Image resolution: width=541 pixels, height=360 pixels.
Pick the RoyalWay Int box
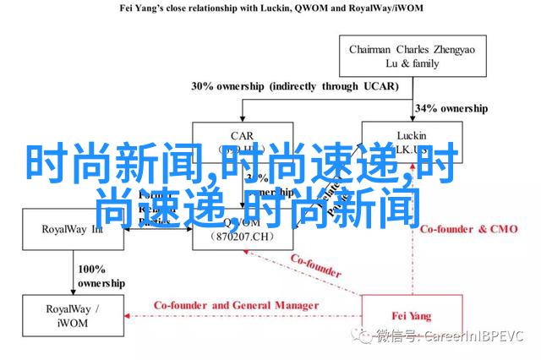pyautogui.click(x=71, y=228)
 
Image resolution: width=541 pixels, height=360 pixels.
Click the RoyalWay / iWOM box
pyautogui.click(x=71, y=315)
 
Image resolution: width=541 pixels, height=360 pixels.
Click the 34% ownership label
pyautogui.click(x=451, y=109)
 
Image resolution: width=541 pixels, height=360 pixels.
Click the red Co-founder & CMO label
pyautogui.click(x=458, y=229)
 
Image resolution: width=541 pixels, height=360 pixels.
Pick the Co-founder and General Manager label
pyautogui.click(x=236, y=305)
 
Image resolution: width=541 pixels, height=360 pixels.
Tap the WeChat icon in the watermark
pyautogui.click(x=365, y=336)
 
